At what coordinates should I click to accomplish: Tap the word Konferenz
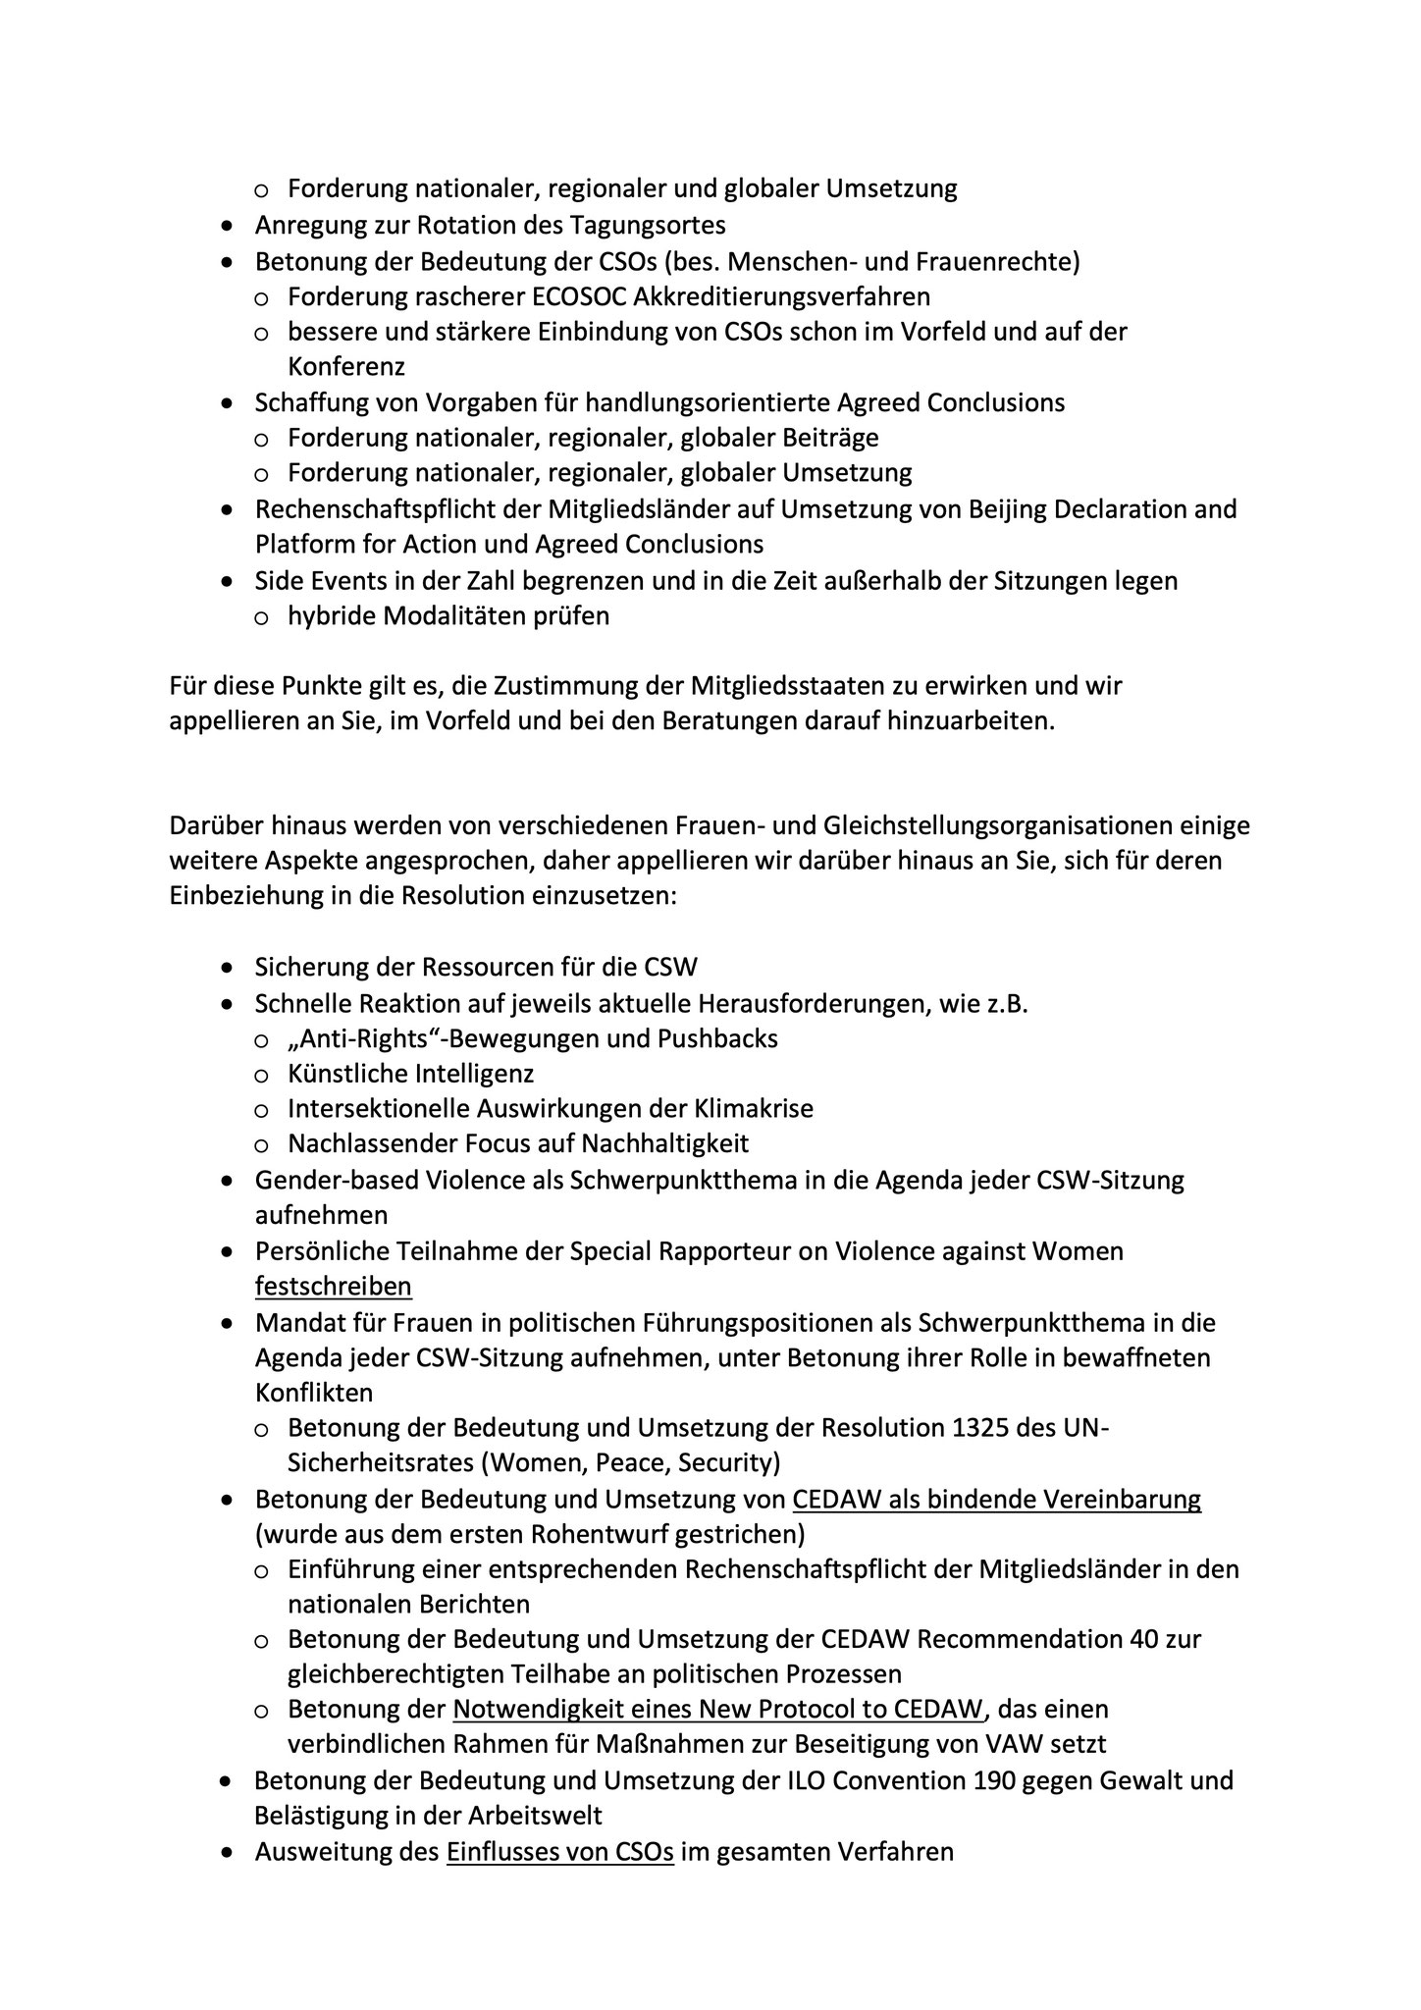pos(346,367)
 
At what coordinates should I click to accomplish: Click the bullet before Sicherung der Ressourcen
pos(228,968)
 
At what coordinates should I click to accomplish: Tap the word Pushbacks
pos(725,1038)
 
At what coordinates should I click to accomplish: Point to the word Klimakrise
pos(753,1109)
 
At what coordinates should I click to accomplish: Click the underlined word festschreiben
pos(334,1287)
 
